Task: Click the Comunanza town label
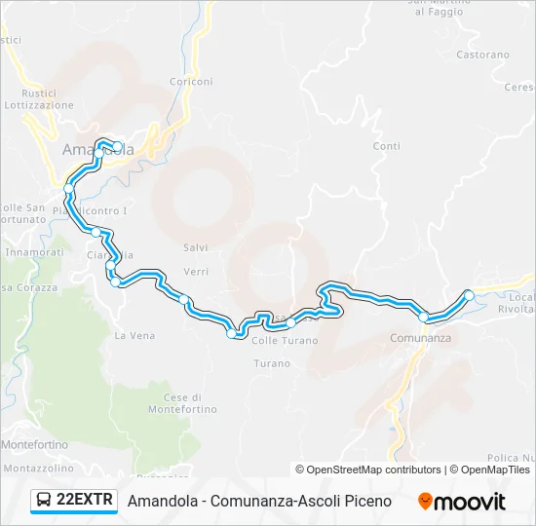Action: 420,337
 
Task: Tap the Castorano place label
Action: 482,56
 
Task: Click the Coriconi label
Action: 191,82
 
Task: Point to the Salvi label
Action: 196,248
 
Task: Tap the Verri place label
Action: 196,272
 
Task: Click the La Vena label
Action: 134,335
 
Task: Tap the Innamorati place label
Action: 35,251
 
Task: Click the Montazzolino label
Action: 37,469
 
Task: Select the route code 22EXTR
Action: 86,501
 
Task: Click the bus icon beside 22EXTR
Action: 45,501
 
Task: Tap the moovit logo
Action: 462,502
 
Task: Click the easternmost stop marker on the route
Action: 469,295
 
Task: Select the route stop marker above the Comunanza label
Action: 423,317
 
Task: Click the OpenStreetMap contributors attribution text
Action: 367,470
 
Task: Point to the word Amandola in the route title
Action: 161,501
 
